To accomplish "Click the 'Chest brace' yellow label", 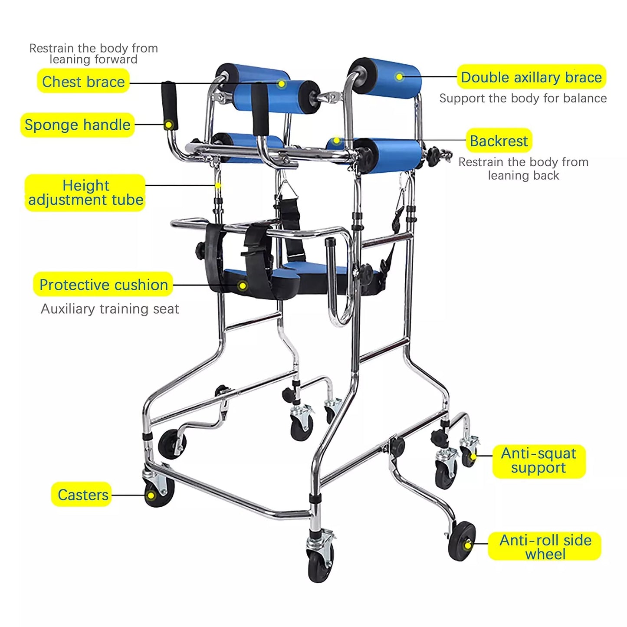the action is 83,81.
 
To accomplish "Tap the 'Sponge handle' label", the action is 77,125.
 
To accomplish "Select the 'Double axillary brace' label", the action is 532,77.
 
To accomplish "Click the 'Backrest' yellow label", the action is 499,141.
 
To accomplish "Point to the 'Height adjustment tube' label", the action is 85,193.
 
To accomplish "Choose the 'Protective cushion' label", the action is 103,284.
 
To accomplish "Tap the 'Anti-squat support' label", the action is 539,461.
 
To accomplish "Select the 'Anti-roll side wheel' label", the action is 545,547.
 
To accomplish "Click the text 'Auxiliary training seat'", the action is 110,309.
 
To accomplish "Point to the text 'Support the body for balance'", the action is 523,98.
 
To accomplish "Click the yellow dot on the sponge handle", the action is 168,125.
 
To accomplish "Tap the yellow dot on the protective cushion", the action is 243,286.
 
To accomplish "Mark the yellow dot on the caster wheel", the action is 151,496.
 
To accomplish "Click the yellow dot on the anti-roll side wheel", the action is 468,545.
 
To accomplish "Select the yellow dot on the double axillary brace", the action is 399,77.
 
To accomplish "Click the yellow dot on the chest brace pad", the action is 282,84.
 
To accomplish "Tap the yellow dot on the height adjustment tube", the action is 218,185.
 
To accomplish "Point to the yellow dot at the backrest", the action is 337,141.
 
